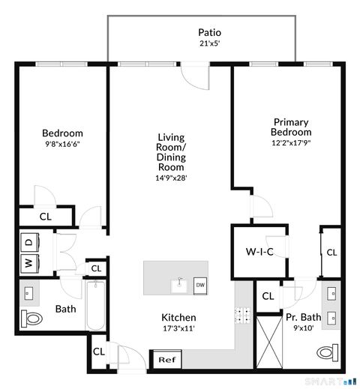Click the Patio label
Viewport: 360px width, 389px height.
tap(209, 32)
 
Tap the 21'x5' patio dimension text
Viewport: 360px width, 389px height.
tap(209, 43)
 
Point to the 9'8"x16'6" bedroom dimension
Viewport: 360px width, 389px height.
tap(61, 145)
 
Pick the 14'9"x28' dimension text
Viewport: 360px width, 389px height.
tap(171, 178)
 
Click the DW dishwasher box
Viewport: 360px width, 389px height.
tap(200, 285)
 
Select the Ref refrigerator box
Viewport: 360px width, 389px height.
tap(166, 360)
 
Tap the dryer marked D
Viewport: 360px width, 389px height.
tap(28, 242)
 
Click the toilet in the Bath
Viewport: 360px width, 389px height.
tap(31, 317)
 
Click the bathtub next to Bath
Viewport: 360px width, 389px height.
tap(95, 307)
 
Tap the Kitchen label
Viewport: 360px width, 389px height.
tap(179, 317)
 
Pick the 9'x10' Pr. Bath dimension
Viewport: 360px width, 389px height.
tap(303, 328)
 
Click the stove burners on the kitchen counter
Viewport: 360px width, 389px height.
tap(242, 316)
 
